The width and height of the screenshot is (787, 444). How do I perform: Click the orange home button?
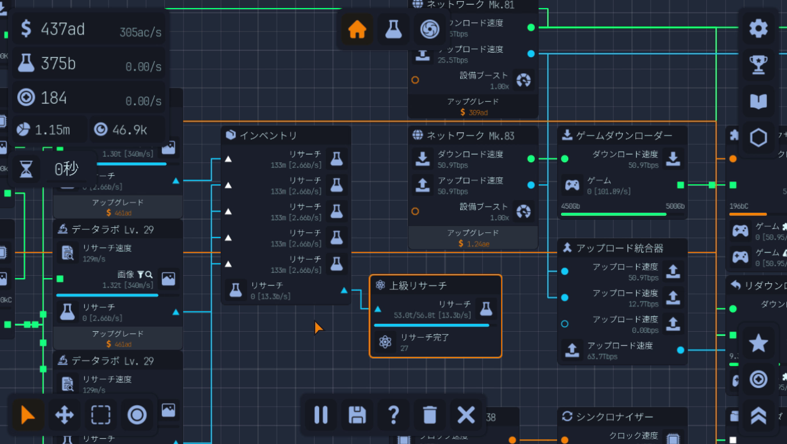357,29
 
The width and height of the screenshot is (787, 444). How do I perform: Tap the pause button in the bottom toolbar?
321,414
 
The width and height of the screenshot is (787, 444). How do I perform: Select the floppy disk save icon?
357,414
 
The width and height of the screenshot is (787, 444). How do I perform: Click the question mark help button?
393,414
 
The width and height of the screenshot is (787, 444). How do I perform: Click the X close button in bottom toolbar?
466,414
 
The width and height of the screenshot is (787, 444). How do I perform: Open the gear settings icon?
758,28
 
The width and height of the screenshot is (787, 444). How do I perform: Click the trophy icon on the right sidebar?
758,65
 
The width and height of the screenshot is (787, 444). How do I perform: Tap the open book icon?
758,101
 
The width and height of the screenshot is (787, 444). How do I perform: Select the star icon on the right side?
758,343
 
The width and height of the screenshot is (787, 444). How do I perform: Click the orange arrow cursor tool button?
27,414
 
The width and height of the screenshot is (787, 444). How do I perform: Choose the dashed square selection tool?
101,414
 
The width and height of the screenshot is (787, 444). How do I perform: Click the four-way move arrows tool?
64,414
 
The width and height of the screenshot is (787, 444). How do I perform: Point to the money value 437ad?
62,29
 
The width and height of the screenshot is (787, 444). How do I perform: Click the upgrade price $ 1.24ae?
474,244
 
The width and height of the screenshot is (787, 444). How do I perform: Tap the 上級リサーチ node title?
418,286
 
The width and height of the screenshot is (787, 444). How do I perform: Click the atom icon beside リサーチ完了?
385,342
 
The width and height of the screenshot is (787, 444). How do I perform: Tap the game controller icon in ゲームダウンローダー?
572,185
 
